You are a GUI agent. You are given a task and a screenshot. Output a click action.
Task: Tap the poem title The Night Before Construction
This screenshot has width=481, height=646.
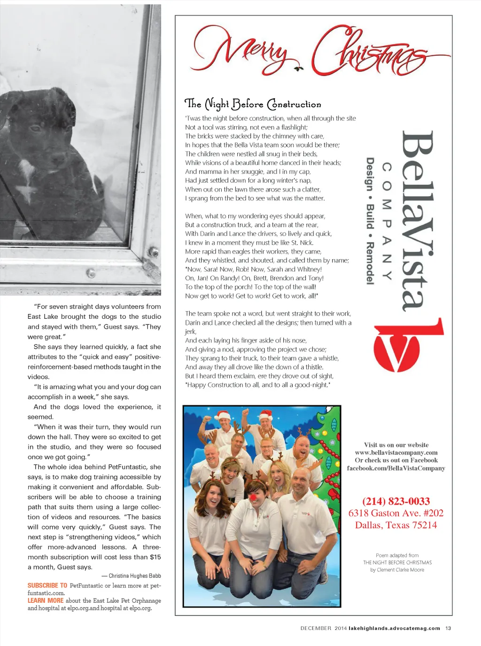(253, 104)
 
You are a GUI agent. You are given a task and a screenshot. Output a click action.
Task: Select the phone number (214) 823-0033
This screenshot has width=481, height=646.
(396, 501)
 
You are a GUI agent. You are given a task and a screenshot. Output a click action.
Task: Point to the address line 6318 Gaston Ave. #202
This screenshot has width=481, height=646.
(396, 513)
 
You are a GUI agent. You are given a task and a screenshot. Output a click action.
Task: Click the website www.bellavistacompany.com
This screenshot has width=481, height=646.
(396, 453)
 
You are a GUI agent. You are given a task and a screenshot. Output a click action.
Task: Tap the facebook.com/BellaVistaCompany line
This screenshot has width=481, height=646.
(396, 468)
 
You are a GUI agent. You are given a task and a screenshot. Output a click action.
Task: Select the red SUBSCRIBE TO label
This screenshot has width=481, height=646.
(47, 585)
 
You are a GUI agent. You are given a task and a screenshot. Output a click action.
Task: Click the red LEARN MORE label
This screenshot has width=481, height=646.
(45, 600)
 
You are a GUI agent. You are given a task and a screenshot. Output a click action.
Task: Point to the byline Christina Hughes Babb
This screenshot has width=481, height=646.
(134, 576)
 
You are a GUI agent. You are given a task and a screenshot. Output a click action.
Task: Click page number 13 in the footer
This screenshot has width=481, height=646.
(448, 628)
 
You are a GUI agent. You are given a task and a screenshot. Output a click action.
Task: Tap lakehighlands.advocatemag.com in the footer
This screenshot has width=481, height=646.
(394, 628)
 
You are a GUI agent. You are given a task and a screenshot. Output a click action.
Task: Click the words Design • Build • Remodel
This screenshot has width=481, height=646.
(370, 221)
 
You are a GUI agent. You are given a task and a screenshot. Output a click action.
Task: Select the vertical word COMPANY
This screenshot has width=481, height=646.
(387, 221)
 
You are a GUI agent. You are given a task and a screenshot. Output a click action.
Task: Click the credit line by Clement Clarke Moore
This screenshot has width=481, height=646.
(397, 570)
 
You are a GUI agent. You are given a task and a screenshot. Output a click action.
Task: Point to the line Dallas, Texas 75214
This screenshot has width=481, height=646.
(396, 525)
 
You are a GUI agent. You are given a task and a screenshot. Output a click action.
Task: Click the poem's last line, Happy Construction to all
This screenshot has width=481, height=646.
(258, 385)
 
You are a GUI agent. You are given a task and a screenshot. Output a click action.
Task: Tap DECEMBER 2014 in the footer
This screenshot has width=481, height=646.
(323, 628)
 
